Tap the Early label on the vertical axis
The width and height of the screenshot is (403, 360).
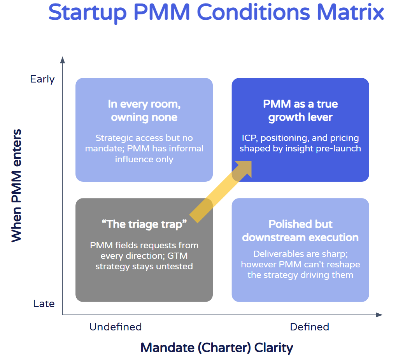coord(42,79)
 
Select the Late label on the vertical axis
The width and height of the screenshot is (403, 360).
coord(44,304)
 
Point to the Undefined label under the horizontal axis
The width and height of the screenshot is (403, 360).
coord(116,327)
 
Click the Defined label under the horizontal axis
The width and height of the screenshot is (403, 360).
coord(310,327)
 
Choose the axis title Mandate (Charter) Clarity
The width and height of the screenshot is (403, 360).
coord(217,347)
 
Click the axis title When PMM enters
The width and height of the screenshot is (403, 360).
coord(16,186)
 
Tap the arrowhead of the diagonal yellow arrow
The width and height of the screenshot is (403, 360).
coord(244,166)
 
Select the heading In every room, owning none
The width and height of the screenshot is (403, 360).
coord(144,111)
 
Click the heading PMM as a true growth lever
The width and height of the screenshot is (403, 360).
coord(300,111)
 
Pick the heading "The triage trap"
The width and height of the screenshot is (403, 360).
coord(144,224)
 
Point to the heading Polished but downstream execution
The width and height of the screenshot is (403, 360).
coord(300,230)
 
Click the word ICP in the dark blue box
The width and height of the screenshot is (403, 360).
coord(249,138)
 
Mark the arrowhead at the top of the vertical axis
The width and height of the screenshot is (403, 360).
coord(62,60)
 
